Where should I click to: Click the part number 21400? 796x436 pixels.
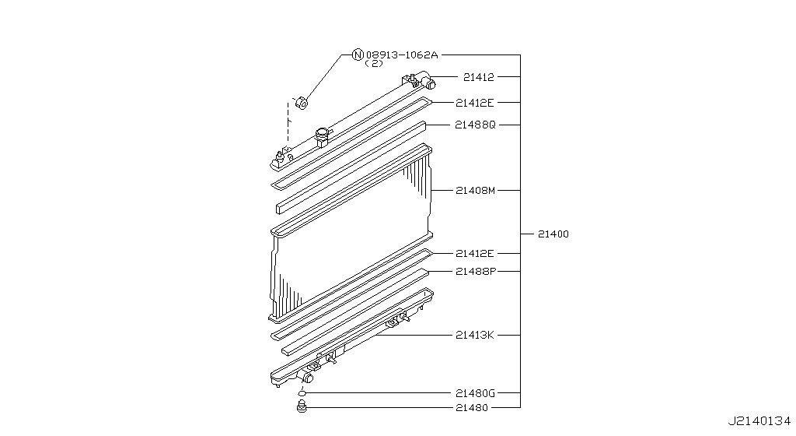(x=553, y=234)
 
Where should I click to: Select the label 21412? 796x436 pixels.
(x=478, y=77)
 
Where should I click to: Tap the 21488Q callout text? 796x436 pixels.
(x=475, y=125)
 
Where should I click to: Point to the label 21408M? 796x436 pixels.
(x=475, y=190)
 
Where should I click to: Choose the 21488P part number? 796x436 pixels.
(x=475, y=271)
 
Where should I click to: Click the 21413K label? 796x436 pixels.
(x=475, y=335)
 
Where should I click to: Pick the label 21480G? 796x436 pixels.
(x=475, y=394)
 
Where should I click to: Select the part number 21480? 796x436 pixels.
(x=471, y=407)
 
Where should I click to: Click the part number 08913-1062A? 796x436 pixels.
(x=402, y=55)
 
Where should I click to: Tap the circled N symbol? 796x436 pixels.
(x=358, y=55)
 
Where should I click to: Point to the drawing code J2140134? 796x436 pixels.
(x=759, y=421)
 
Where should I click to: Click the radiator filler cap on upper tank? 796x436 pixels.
(x=323, y=137)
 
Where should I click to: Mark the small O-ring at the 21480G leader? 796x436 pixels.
(x=302, y=394)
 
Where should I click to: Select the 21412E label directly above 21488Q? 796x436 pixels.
(x=475, y=102)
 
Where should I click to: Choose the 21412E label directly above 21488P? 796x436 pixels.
(x=475, y=254)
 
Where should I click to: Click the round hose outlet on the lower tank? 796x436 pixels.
(x=307, y=378)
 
